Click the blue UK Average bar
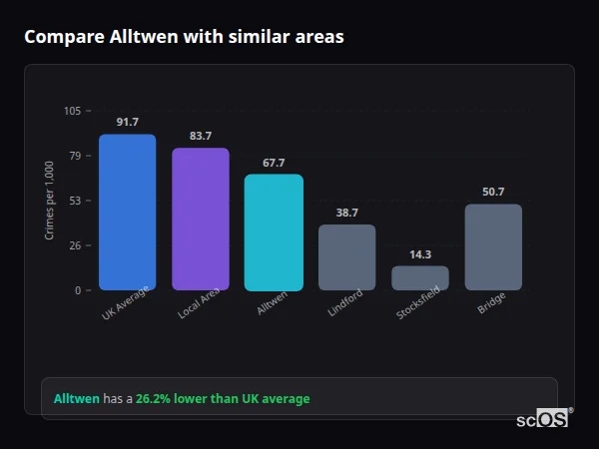(127, 213)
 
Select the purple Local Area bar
(201, 220)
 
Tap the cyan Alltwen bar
(274, 232)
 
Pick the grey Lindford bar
(346, 257)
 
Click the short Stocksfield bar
(420, 277)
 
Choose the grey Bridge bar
(493, 247)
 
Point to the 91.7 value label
(127, 122)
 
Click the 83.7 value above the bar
(201, 136)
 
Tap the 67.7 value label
(274, 163)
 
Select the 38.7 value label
(346, 213)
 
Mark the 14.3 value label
(420, 254)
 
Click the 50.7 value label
(493, 192)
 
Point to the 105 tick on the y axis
(72, 111)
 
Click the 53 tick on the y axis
(75, 201)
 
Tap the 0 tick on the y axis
(78, 290)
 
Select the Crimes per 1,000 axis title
(50, 201)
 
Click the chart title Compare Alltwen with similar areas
(184, 37)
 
